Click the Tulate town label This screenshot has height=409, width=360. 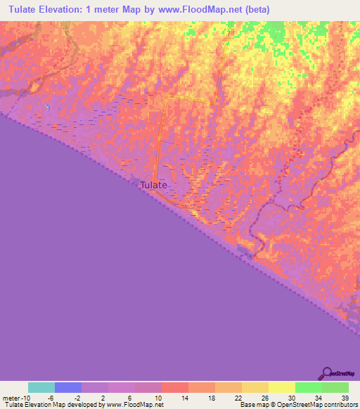pyautogui.click(x=154, y=185)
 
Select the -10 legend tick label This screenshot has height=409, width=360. pyautogui.click(x=24, y=398)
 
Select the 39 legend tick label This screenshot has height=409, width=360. pyautogui.click(x=345, y=398)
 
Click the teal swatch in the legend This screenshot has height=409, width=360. pyautogui.click(x=41, y=387)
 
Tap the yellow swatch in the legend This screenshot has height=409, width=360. pyautogui.click(x=282, y=387)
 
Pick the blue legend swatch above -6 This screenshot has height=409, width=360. pyautogui.click(x=68, y=387)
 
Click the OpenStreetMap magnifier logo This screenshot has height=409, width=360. pyautogui.click(x=327, y=372)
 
